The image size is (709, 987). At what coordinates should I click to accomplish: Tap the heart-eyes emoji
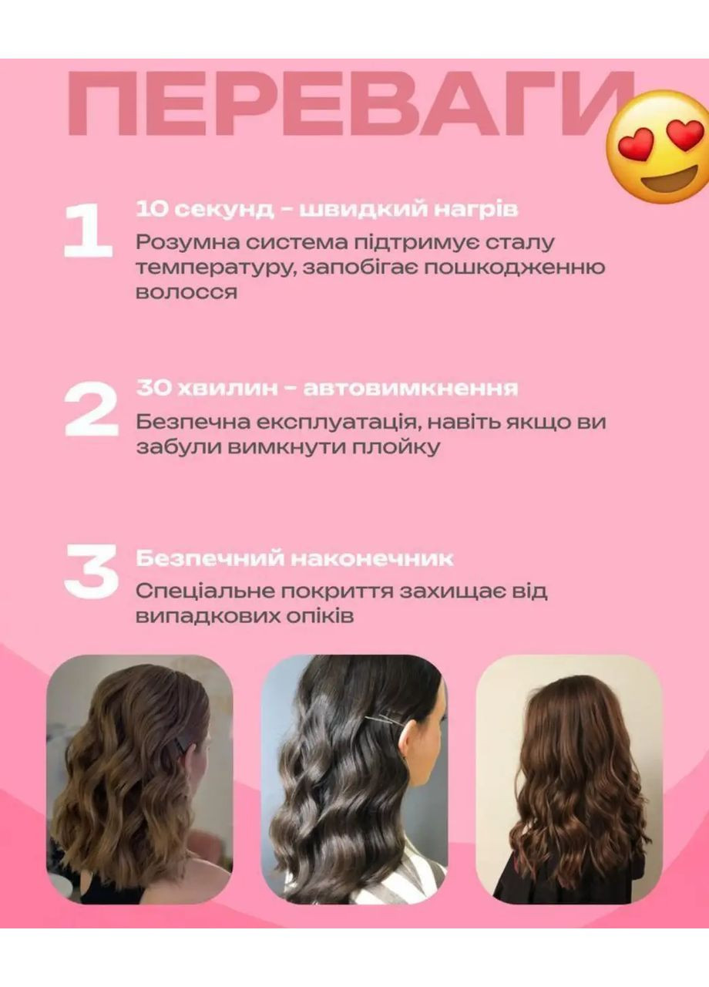pos(657,147)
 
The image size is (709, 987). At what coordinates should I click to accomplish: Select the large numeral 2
pos(90,409)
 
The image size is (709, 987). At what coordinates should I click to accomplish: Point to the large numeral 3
pos(90,571)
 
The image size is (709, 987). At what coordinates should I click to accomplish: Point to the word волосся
pos(186,293)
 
